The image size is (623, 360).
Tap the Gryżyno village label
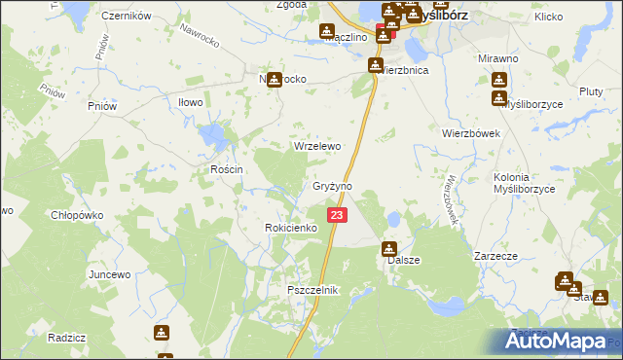coord(331,186)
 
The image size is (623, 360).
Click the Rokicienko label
coord(291,228)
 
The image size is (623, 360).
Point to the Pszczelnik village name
coord(311,291)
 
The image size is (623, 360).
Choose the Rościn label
coord(226,169)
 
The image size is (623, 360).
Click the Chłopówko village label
coord(77,215)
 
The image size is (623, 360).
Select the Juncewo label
coord(109,274)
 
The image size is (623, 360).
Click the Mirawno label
coord(497,58)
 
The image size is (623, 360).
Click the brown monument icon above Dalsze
coord(389,249)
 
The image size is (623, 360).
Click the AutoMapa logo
coord(562,342)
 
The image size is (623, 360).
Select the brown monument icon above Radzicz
coord(162,333)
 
